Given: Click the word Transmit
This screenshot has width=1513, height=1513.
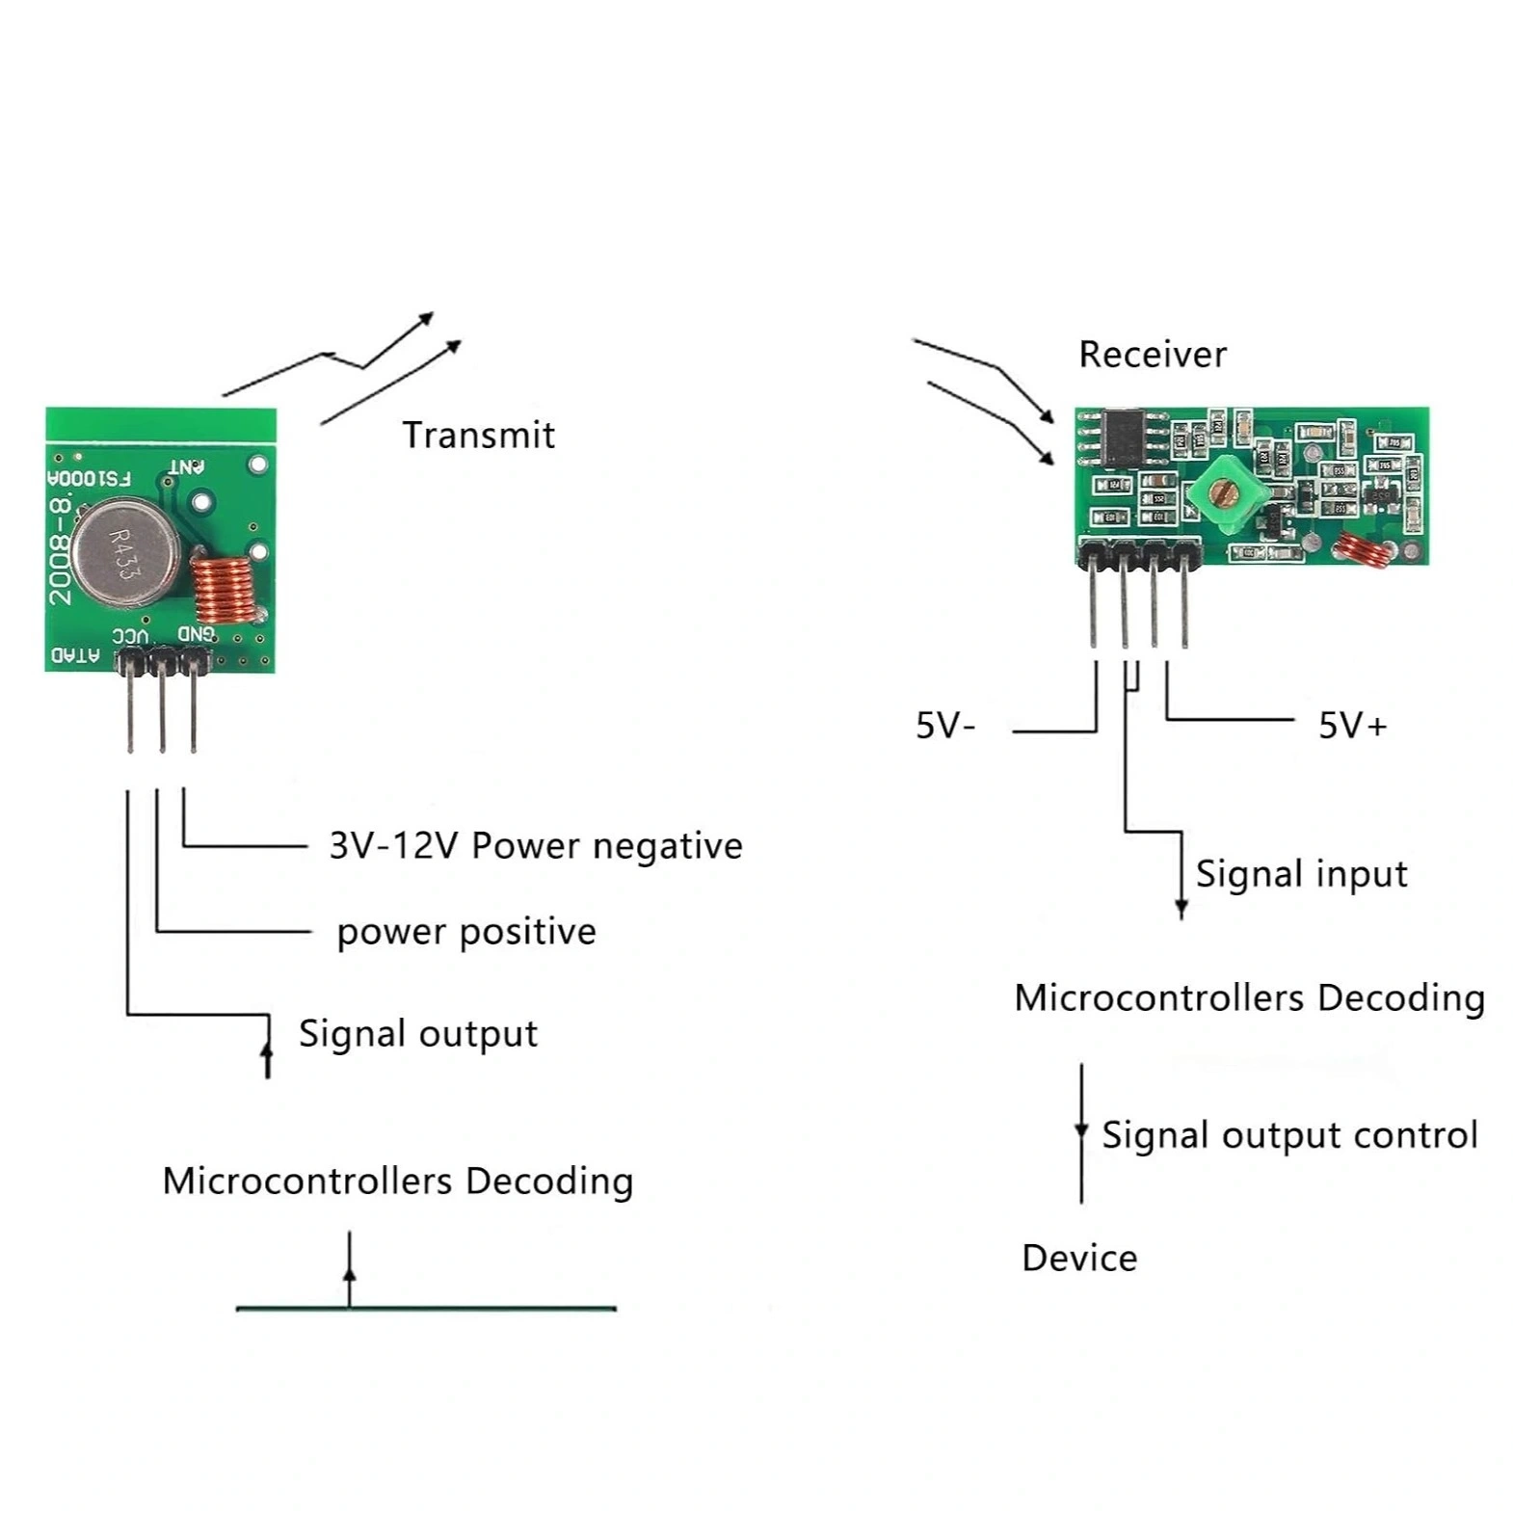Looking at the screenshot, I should click(478, 436).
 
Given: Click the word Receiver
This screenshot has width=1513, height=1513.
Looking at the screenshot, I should click(1152, 355).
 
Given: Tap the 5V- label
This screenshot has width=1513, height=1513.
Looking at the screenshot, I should click(944, 726).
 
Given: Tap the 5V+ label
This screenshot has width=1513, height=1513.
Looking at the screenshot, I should click(1352, 726).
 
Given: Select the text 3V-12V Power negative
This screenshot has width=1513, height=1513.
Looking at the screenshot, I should click(536, 846).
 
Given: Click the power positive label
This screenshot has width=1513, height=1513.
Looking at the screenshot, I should click(466, 932).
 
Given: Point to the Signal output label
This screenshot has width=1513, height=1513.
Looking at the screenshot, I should click(417, 1034).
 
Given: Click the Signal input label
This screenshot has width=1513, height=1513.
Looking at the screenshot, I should click(1301, 874).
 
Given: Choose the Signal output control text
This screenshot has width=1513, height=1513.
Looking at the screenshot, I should click(1289, 1135).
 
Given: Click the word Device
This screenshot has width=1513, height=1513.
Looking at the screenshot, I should click(1079, 1259).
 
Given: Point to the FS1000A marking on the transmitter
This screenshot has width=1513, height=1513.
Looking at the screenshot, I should click(90, 478).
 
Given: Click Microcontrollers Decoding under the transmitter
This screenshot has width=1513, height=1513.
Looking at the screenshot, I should click(397, 1181).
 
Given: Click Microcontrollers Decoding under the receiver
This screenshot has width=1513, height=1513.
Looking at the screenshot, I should click(1249, 998).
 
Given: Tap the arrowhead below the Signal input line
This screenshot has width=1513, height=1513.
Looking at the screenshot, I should click(1181, 908).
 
